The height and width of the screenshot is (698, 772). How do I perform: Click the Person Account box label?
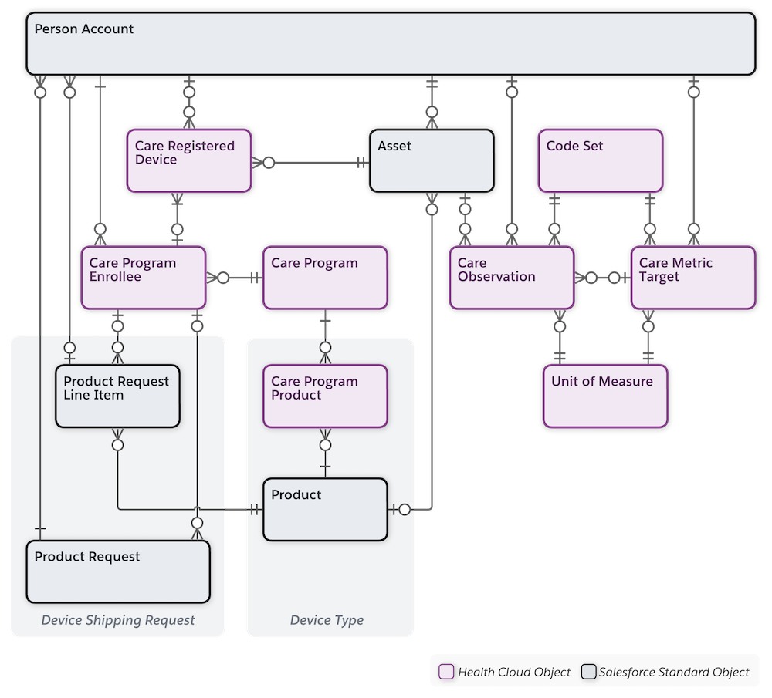pyautogui.click(x=83, y=29)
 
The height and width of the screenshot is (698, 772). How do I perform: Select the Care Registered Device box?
pyautogui.click(x=188, y=160)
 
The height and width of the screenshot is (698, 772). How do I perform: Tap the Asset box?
pyautogui.click(x=431, y=160)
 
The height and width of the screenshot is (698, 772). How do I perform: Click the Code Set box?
pyautogui.click(x=600, y=160)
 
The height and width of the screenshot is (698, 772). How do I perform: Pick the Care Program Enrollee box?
pyautogui.click(x=142, y=278)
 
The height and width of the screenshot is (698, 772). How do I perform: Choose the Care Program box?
pyautogui.click(x=324, y=278)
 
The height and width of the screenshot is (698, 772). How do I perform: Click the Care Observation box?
pyautogui.click(x=511, y=278)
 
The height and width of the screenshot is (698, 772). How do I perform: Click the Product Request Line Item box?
pyautogui.click(x=117, y=396)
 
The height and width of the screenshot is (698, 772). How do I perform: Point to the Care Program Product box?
pyautogui.click(x=324, y=396)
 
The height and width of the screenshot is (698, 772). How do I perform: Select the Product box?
pyautogui.click(x=324, y=509)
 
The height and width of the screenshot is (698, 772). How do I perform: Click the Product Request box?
pyautogui.click(x=117, y=572)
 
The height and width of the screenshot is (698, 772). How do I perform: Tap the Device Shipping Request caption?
pyautogui.click(x=118, y=620)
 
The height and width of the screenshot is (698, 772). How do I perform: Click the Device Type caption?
pyautogui.click(x=327, y=620)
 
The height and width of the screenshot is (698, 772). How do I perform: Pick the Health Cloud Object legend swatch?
pyautogui.click(x=445, y=672)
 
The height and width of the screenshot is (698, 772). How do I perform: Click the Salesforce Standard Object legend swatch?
pyautogui.click(x=588, y=672)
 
